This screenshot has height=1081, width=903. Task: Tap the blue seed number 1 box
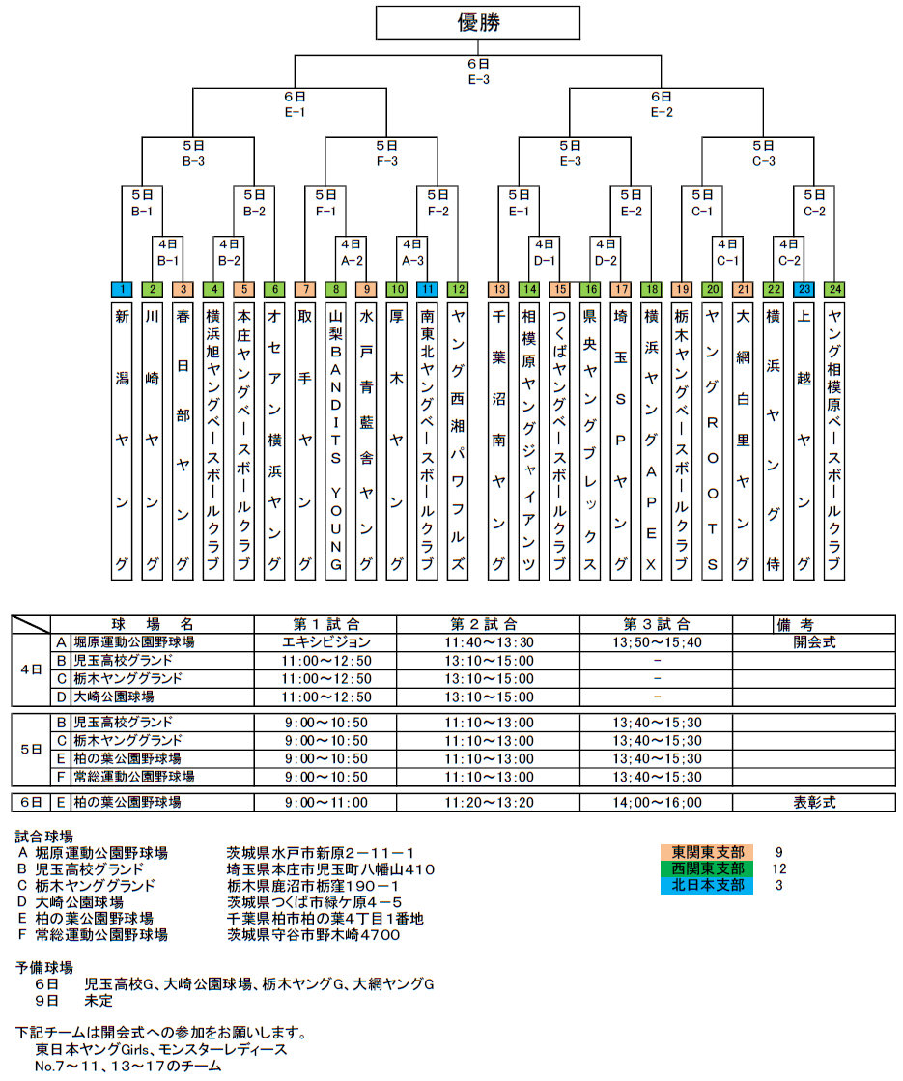[x=122, y=288]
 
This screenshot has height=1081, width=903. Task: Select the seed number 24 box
[x=834, y=288]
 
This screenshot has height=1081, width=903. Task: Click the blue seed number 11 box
[x=428, y=288]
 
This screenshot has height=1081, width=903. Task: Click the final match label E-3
[x=478, y=80]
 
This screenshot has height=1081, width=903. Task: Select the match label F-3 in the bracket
[x=386, y=161]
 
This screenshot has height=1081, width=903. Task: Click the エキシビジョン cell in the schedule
[x=325, y=642]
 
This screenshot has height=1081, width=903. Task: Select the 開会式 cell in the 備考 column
[x=814, y=642]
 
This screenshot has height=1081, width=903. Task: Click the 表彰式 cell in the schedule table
[x=814, y=803]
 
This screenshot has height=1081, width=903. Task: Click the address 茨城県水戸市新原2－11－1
[x=321, y=853]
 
